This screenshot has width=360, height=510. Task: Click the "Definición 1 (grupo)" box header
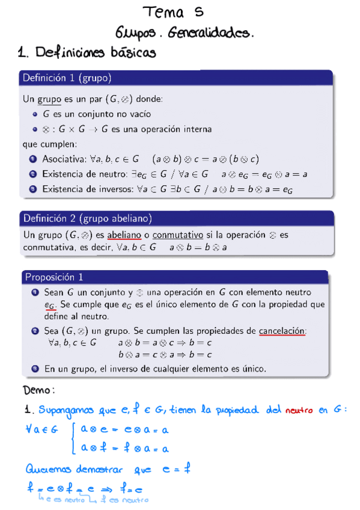point(67,78)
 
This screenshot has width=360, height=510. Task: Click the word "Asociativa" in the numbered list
point(63,159)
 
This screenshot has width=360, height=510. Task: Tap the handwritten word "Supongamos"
point(68,411)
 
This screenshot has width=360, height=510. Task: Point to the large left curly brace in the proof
point(74,437)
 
